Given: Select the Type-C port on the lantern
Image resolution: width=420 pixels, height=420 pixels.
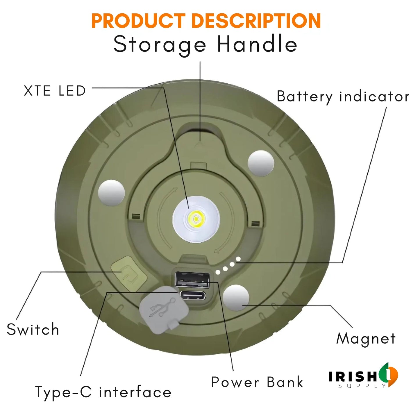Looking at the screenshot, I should point(193,296).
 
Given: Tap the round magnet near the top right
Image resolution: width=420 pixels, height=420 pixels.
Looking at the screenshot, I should point(261,163).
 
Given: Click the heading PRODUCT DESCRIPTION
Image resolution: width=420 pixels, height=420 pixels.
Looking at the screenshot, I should point(206,21).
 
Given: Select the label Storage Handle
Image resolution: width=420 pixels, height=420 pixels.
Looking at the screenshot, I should point(205,44).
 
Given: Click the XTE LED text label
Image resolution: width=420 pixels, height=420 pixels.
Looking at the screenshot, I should point(55,91).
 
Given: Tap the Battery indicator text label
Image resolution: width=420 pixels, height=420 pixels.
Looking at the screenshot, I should point(343,96).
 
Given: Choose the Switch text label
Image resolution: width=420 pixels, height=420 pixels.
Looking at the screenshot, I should point(33,330).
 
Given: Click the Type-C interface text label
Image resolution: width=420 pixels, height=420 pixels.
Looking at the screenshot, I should point(103,392).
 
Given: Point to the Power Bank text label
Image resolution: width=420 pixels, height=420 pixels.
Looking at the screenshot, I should point(257,382).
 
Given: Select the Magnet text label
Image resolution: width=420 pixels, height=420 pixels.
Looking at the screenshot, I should point(366,339).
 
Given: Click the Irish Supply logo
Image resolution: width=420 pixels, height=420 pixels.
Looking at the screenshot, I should point(363,376).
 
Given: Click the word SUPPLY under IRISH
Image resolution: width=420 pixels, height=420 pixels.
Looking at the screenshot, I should point(362,386).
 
